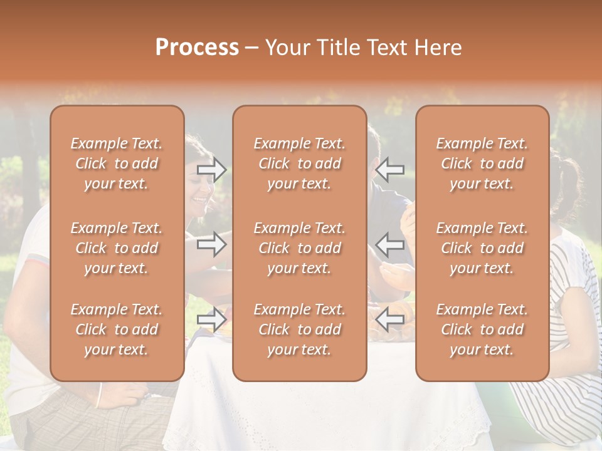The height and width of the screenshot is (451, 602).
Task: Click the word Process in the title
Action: (197, 48)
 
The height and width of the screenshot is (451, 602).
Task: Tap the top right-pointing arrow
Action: (211, 170)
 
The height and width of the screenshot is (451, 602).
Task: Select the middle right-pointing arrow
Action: (211, 244)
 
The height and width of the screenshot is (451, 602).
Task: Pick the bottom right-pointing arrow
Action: (211, 319)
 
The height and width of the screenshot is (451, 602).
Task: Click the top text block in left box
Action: (117, 163)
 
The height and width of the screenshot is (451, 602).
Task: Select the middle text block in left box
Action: (117, 248)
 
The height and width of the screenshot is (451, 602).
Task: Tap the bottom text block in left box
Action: (117, 329)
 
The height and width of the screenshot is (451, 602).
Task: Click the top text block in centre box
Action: (299, 163)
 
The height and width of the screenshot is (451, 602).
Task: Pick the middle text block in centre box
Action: (299, 248)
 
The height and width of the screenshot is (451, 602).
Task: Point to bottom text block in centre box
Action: (299, 329)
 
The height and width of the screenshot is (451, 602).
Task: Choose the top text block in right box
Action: (482, 163)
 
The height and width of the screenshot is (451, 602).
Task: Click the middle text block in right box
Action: (482, 248)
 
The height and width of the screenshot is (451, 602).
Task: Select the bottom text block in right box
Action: (482, 329)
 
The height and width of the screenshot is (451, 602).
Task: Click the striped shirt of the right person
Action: (574, 326)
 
